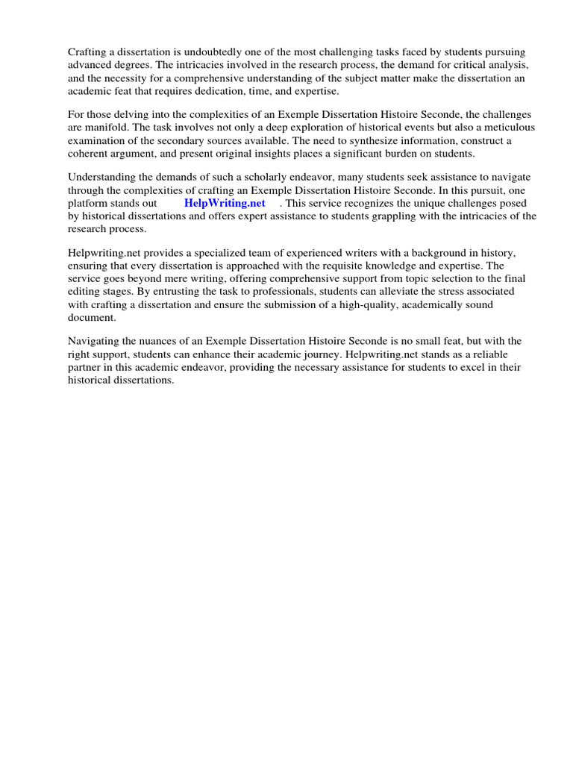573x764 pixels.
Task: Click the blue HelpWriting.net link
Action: click(x=225, y=203)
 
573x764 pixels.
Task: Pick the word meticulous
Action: click(x=499, y=128)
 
